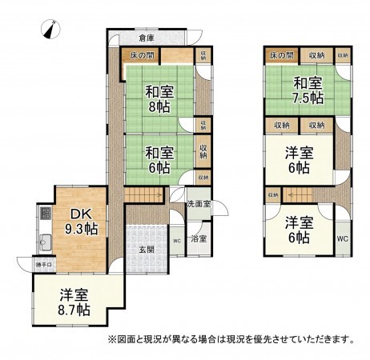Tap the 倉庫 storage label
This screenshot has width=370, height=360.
pos(145,38)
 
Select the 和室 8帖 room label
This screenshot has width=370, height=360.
pos(160,98)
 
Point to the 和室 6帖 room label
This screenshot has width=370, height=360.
pos(160,160)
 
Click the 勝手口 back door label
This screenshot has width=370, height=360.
pos(43,265)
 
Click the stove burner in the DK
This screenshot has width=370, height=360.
pos(45,214)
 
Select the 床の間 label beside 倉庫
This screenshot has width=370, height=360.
pos(143,55)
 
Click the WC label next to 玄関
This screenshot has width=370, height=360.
pos(176,239)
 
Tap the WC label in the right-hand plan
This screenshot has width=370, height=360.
pos(342,238)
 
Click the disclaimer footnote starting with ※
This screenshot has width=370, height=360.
pos(231,339)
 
